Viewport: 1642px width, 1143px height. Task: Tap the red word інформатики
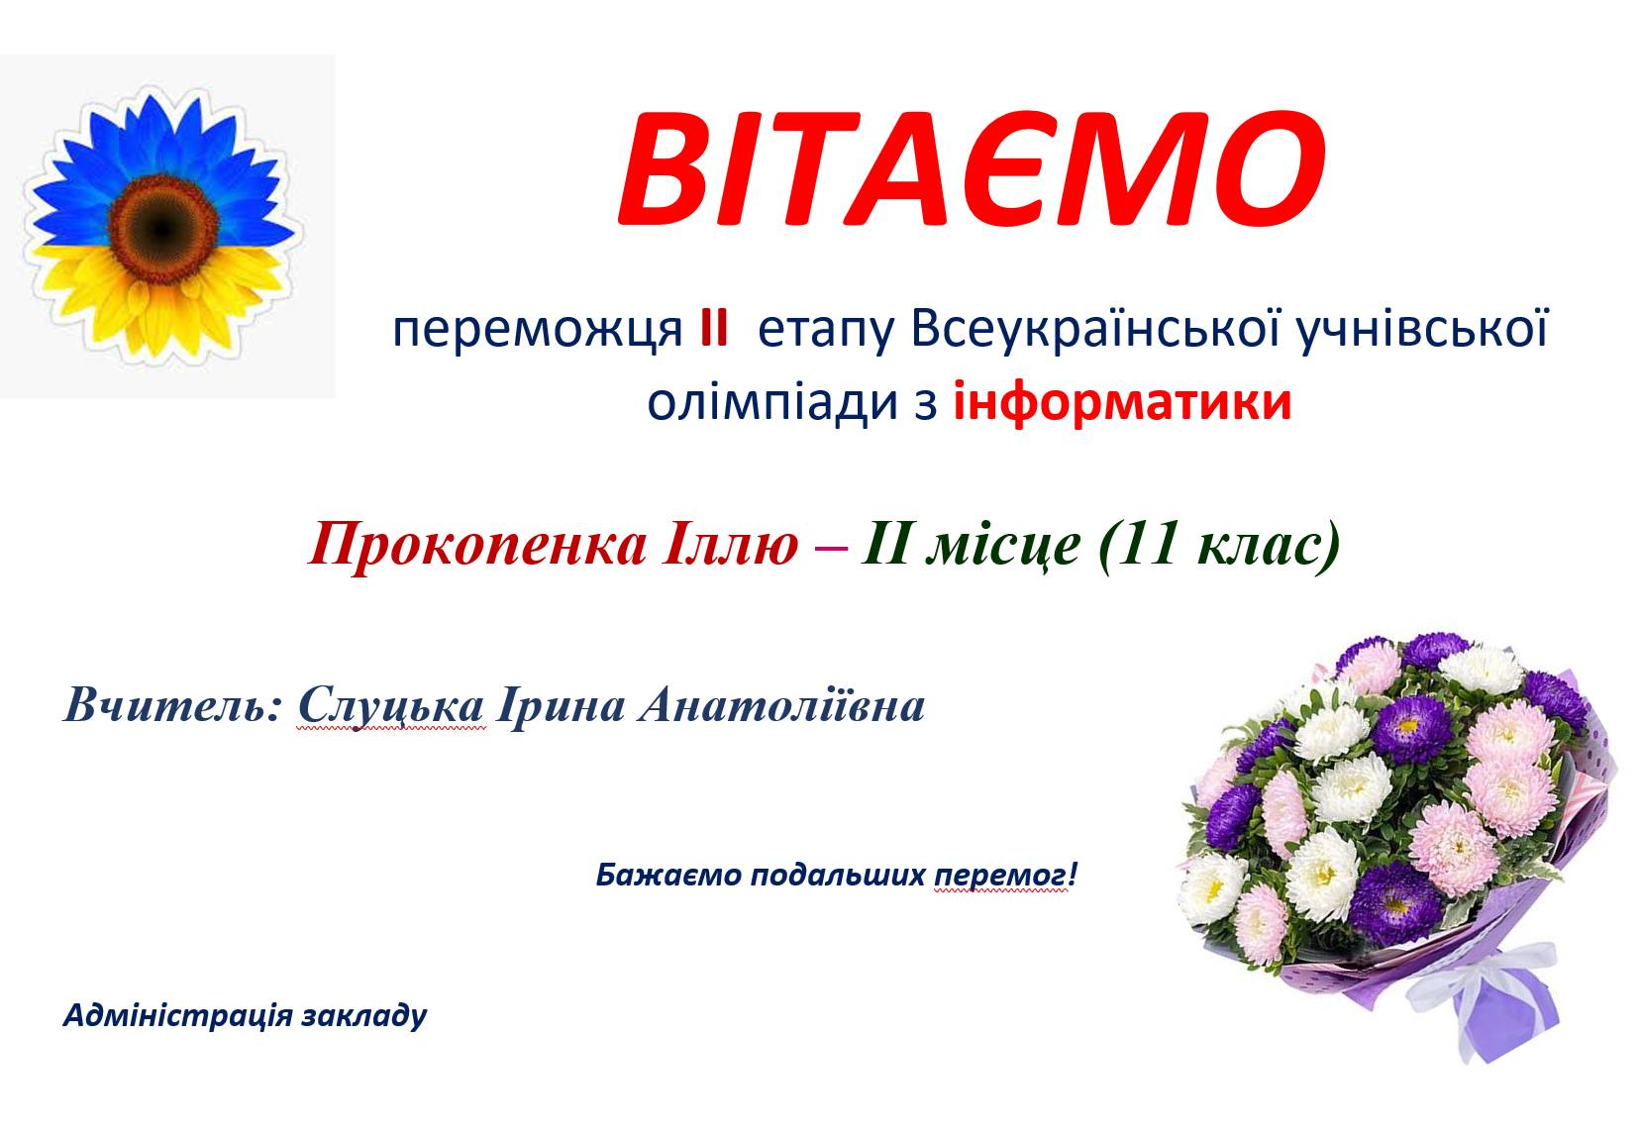coord(1122,403)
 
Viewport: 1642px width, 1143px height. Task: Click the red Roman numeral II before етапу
coord(713,331)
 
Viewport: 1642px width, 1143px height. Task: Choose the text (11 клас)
coord(1219,545)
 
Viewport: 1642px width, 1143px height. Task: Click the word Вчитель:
coord(173,706)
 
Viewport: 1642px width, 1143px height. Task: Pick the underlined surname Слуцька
coord(391,706)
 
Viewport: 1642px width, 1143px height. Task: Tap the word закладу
coord(365,1016)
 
